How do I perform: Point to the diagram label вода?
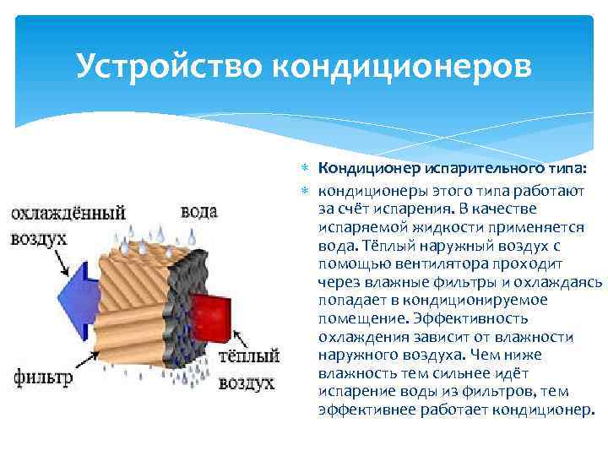[x=199, y=212]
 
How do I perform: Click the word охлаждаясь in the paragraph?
[x=563, y=281]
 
